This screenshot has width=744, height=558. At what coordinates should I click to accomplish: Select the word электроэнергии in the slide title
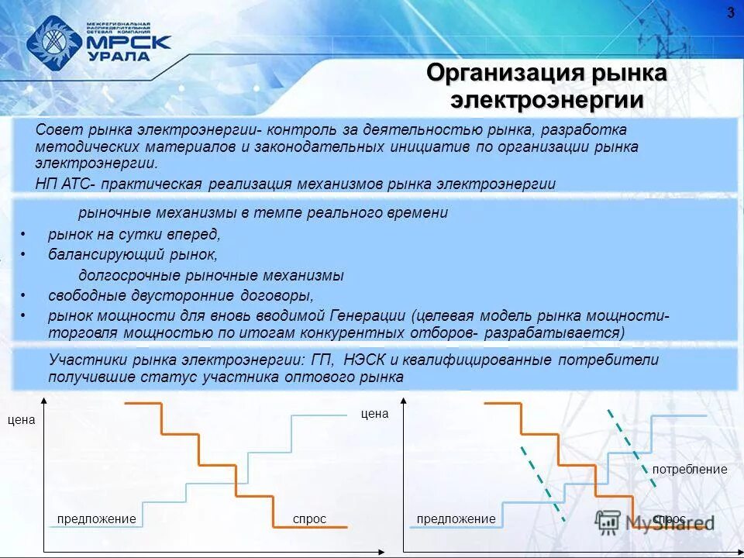(547, 101)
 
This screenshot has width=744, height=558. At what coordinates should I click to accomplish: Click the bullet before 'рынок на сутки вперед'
(24, 234)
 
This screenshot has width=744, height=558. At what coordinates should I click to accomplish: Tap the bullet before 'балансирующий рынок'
(24, 254)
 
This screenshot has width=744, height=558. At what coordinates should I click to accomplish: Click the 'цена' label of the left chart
(21, 420)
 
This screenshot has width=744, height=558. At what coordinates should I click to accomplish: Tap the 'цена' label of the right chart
(374, 414)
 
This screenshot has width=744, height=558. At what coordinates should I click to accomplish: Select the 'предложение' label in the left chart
(97, 518)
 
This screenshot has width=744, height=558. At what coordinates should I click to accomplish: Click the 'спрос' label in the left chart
(309, 518)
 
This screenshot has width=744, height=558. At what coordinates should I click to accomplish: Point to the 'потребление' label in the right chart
(689, 470)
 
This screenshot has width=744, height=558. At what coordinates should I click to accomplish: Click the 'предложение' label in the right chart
(456, 518)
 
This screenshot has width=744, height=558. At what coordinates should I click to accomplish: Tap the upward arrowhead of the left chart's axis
(44, 401)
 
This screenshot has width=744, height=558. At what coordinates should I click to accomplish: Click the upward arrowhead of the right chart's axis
(404, 401)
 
